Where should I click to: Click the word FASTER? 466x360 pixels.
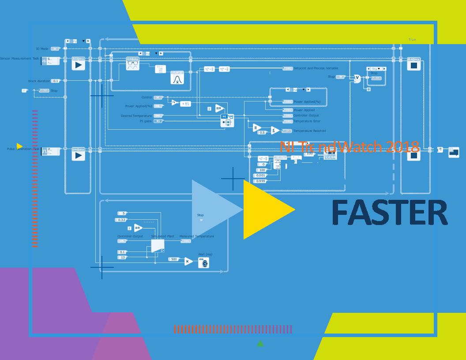390,213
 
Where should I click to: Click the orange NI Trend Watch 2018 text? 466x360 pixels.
349,147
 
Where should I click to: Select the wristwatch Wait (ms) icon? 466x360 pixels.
203,262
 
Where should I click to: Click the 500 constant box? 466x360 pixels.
174,259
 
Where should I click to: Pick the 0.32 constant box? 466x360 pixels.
122,220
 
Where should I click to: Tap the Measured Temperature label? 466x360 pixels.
196,236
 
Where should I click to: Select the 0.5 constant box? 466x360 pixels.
262,132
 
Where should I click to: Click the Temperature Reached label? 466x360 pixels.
309,131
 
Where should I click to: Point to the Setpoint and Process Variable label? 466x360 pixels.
316,68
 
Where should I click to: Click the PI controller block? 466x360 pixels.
227,120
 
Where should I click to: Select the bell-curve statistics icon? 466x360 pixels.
177,78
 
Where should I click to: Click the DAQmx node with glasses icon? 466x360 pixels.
132,64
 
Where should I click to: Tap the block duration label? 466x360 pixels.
39,81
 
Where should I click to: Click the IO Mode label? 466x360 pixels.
42,49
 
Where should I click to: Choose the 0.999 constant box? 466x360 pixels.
261,181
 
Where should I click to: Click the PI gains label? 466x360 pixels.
145,121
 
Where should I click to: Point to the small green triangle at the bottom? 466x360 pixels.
260,344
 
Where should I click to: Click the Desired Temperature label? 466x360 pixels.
136,116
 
